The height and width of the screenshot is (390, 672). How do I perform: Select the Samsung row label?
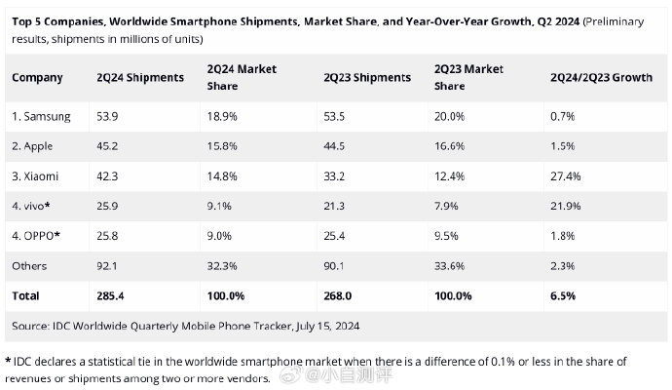(43, 117)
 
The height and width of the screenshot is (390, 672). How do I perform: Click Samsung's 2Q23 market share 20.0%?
(450, 117)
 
